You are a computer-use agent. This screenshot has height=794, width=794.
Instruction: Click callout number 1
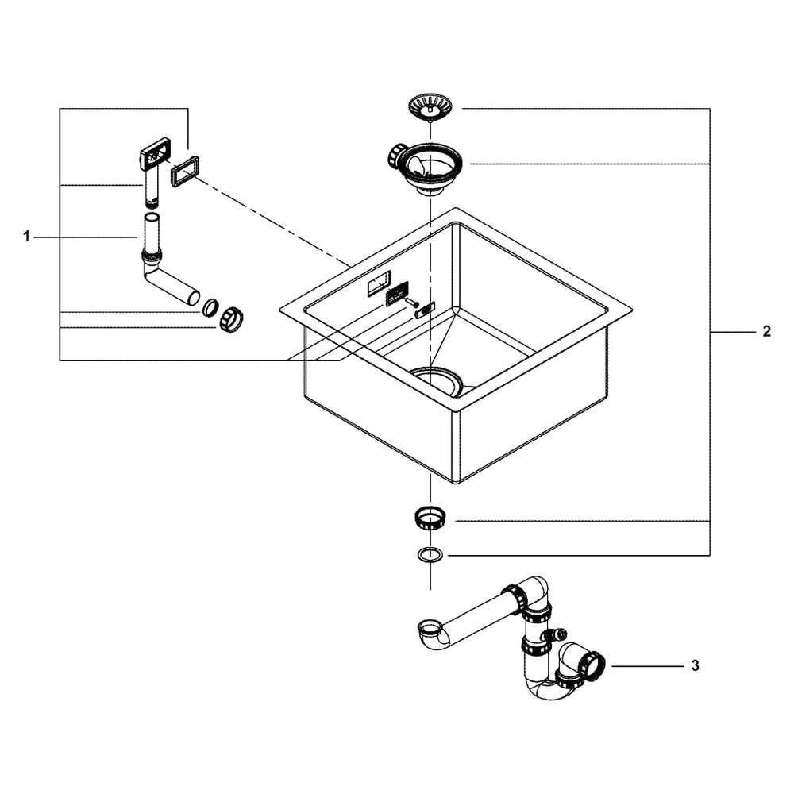(x=26, y=237)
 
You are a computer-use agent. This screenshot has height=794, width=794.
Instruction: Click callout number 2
(x=766, y=332)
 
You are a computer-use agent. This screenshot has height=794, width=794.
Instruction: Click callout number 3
(x=696, y=665)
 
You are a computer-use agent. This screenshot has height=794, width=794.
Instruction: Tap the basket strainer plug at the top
(x=430, y=106)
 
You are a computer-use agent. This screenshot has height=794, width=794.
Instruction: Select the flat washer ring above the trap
(x=430, y=554)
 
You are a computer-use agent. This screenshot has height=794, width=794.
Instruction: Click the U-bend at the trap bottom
(x=548, y=688)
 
